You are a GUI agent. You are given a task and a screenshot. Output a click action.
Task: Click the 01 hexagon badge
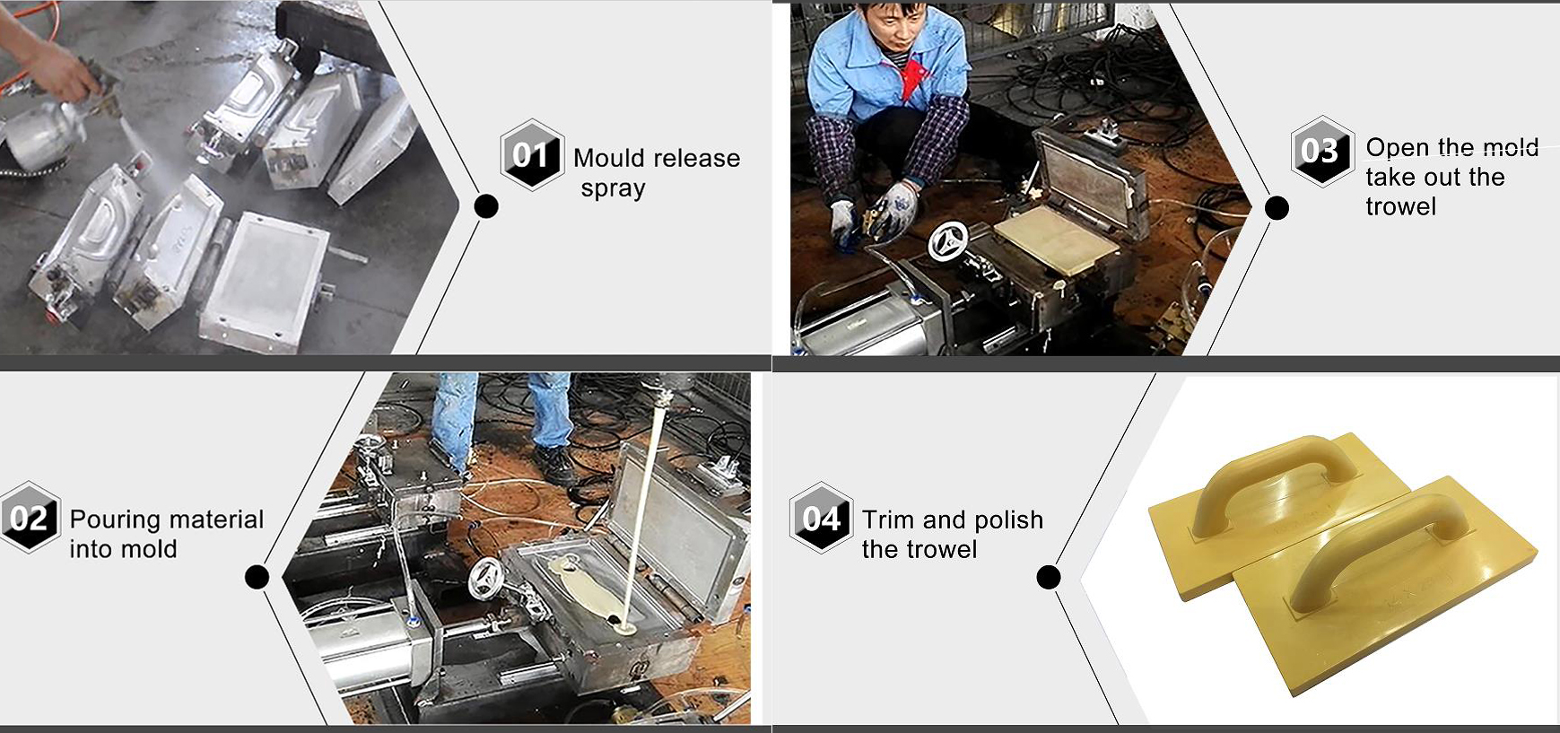(x=532, y=155)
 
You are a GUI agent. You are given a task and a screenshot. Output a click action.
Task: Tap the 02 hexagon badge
(x=30, y=518)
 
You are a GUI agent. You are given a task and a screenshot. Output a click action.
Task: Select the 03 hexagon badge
(x=1321, y=151)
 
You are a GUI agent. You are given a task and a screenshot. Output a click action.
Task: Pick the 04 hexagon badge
(x=821, y=518)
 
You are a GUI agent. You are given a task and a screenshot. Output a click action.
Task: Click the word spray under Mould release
(x=613, y=189)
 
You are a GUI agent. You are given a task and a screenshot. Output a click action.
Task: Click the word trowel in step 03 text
(x=1400, y=207)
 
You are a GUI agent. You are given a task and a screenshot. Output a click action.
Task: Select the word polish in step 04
(x=1008, y=520)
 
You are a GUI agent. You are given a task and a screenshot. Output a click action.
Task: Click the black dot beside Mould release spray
(x=486, y=206)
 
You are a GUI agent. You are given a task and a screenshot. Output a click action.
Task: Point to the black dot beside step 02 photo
(x=257, y=577)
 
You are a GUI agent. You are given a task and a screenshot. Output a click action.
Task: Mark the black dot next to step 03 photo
(x=1277, y=208)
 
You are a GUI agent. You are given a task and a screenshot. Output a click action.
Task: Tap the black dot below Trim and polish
(x=1049, y=577)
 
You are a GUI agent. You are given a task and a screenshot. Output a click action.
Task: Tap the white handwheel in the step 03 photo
(x=948, y=241)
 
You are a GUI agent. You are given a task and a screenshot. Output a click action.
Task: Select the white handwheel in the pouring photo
(x=486, y=579)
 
